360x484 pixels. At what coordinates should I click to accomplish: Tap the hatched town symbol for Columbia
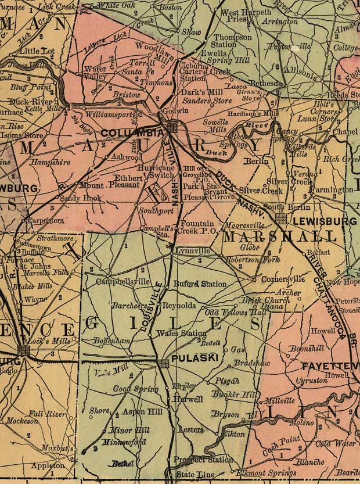[172, 127]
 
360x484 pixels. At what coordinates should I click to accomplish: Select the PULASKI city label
[195, 358]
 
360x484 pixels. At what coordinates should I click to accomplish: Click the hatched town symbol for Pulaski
[164, 363]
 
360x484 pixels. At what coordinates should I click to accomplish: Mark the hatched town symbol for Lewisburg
[281, 218]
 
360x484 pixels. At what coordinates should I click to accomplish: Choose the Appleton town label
[48, 466]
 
